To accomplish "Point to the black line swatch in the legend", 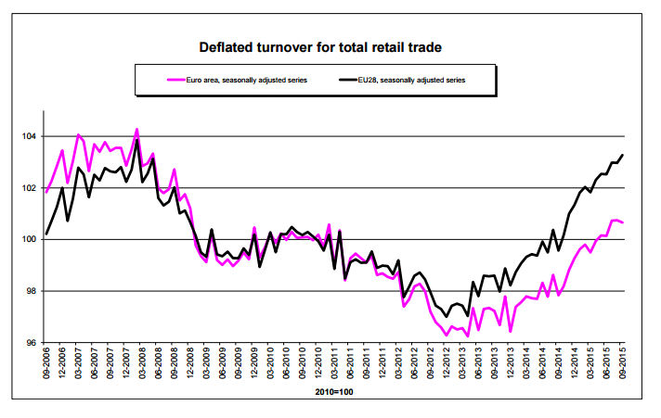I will click(334, 80).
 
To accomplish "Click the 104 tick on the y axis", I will click(28, 136).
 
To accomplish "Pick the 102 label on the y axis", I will click(28, 188).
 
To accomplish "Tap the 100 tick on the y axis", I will click(28, 239).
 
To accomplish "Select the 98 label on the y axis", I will click(30, 291).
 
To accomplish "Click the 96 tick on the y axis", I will click(30, 343).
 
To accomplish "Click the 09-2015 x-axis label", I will click(621, 365).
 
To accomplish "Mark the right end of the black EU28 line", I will click(621, 155).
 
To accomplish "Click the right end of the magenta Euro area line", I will click(621, 222).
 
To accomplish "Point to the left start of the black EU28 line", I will click(46, 234).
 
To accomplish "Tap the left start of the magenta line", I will click(46, 192).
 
